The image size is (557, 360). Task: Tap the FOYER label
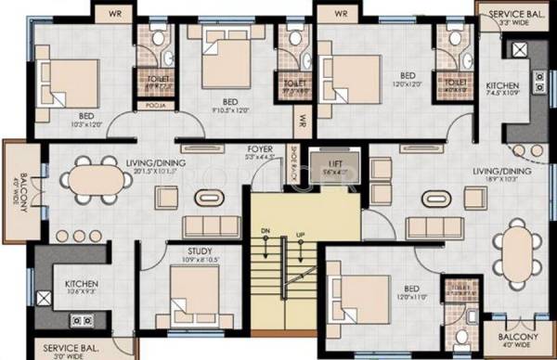point(259,148)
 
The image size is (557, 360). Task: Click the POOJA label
point(154,105)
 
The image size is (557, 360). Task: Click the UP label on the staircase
point(299,236)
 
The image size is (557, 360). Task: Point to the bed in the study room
point(193,292)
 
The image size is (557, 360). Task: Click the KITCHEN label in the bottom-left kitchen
point(83,284)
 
